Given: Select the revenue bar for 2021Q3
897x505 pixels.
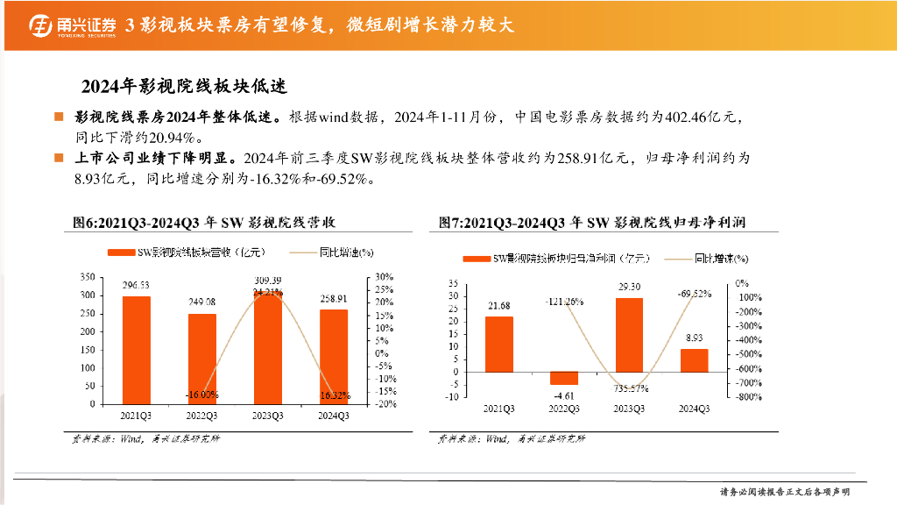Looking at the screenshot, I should click(136, 350).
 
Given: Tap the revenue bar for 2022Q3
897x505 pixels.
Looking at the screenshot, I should click(201, 359).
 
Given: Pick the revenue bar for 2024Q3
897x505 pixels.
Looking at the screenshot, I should click(334, 357).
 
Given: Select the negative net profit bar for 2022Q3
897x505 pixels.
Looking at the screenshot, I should click(563, 378).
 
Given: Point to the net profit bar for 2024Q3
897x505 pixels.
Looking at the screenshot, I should click(694, 360).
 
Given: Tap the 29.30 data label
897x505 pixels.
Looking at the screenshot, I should click(629, 287).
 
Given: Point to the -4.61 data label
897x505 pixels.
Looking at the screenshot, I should click(563, 395).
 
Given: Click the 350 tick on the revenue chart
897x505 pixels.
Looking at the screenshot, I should click(87, 276).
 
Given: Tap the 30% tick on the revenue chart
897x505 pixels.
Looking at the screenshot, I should click(385, 276).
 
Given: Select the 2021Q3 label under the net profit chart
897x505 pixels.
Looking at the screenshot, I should click(499, 409).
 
